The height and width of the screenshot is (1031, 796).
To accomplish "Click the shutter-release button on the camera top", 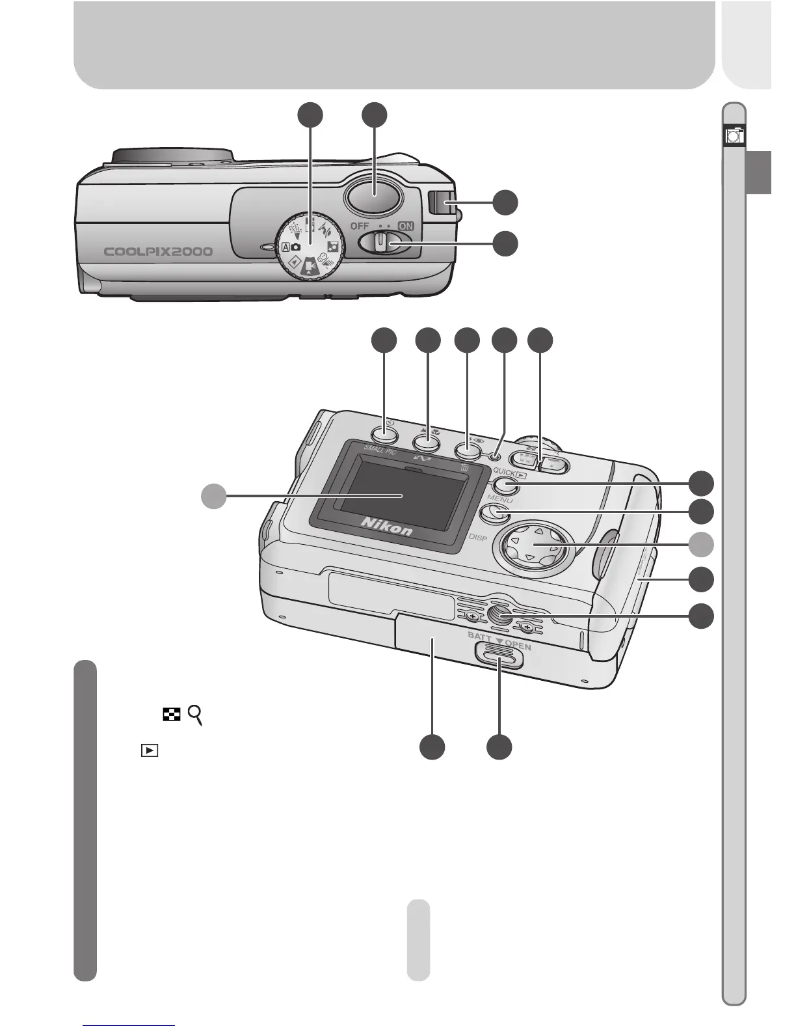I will tap(375, 196).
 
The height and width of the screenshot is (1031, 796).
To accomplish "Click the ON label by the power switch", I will tap(406, 226).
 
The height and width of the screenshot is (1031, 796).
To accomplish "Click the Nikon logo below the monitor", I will tap(386, 525).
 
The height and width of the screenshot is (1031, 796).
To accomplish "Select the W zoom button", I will tap(528, 460).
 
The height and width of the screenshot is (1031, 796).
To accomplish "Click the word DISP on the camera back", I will tap(479, 538).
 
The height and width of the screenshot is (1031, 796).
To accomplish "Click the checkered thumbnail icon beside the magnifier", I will tap(171, 715).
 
